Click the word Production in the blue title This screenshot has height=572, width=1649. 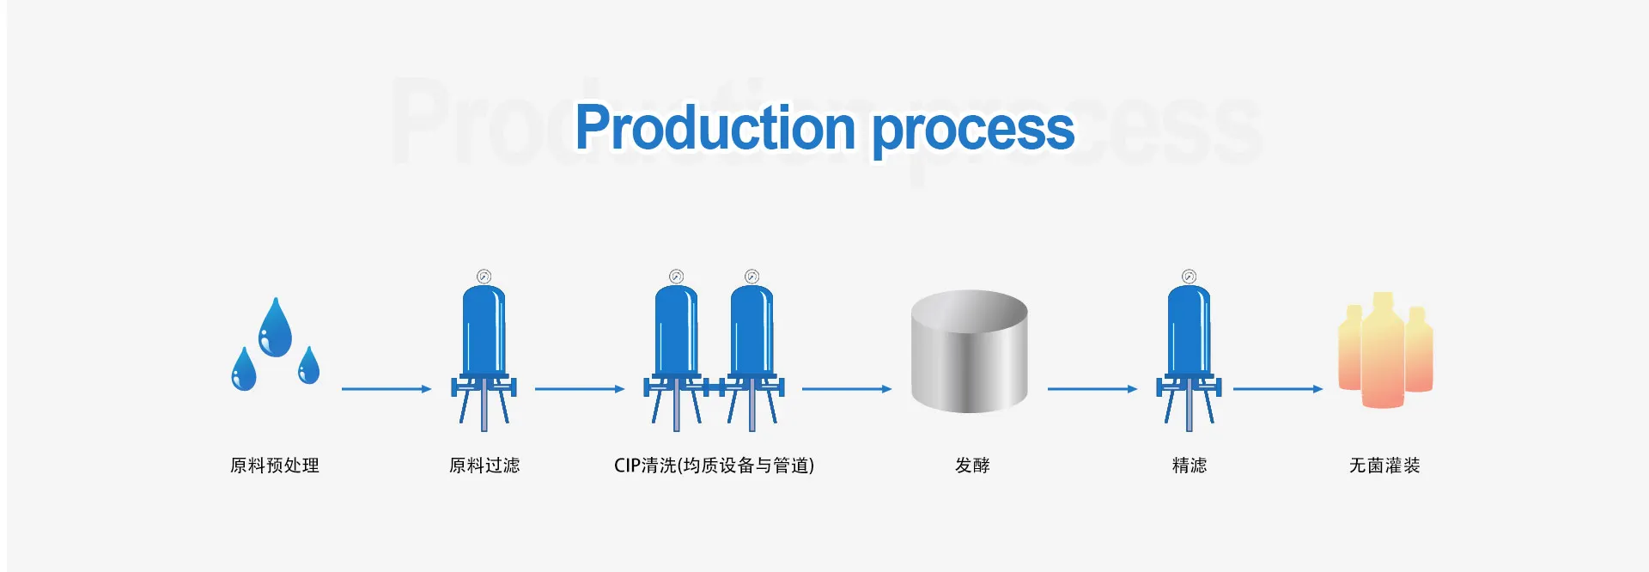pos(715,128)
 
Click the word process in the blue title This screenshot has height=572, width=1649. pos(973,131)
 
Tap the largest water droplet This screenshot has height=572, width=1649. pos(275,328)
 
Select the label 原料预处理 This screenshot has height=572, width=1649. pos(275,466)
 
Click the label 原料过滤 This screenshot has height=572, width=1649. pos(484,466)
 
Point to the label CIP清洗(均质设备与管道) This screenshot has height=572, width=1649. pos(714,466)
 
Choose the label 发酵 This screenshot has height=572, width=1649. pos(972,466)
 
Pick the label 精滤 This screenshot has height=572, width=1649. pos(1190,466)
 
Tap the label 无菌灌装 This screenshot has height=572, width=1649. pos(1384,466)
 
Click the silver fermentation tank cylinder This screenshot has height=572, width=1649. pos(970,352)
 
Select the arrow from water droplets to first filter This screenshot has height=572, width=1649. pos(386,389)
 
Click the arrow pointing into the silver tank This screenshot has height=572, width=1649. pos(847,389)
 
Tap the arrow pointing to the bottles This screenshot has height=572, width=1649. pos(1278,389)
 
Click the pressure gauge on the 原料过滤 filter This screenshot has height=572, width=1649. pos(484,277)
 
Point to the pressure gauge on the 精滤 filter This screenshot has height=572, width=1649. pos(1189,277)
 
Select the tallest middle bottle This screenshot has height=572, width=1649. pos(1383,352)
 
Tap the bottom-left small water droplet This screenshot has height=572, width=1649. pos(244,370)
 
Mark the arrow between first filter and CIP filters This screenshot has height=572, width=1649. pos(580,389)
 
